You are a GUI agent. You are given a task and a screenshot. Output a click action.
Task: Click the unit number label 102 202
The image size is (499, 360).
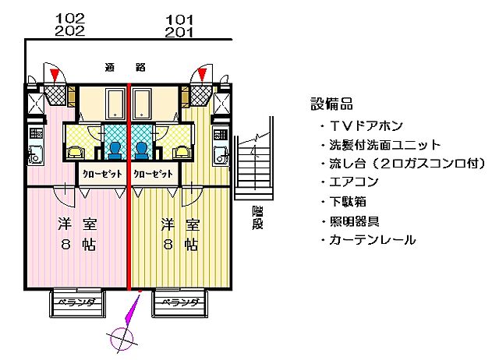(71, 24)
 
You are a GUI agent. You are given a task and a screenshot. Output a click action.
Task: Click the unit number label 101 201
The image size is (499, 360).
(179, 24)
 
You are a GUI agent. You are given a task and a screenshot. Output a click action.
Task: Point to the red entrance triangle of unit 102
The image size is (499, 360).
(54, 75)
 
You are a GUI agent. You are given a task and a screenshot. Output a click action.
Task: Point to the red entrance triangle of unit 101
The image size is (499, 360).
(202, 75)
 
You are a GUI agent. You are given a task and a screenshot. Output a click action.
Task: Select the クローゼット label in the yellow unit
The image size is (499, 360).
(153, 173)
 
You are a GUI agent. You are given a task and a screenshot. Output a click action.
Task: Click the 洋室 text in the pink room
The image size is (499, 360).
(77, 225)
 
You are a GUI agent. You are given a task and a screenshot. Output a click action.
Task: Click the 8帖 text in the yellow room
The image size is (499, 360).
(180, 244)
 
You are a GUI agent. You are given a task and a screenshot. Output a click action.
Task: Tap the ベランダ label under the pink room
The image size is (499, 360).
(78, 302)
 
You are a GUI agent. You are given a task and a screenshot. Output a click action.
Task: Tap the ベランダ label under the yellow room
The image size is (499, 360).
(179, 302)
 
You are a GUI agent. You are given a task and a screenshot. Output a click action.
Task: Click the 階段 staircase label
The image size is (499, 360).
(257, 217)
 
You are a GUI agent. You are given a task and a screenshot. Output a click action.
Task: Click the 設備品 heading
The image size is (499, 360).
(331, 104)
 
